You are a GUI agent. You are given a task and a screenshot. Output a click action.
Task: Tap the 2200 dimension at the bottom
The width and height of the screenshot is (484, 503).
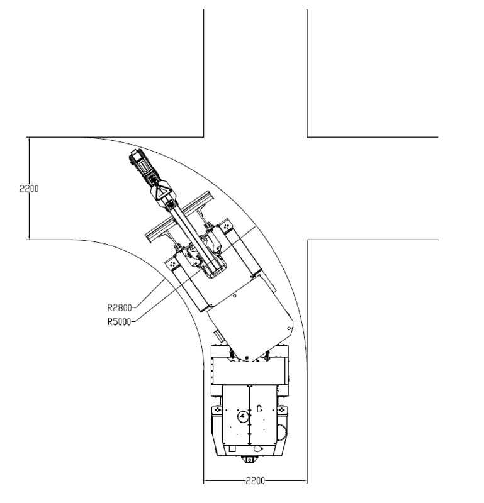click(x=255, y=481)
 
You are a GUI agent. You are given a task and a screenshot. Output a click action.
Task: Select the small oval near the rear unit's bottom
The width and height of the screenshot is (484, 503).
click(x=256, y=448)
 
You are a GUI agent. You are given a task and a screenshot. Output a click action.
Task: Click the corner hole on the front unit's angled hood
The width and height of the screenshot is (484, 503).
click(x=288, y=328)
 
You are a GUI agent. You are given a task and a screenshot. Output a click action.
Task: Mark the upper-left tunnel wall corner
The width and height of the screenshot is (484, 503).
click(x=203, y=136)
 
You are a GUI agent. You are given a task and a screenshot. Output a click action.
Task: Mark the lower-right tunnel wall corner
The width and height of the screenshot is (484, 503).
click(x=307, y=240)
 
